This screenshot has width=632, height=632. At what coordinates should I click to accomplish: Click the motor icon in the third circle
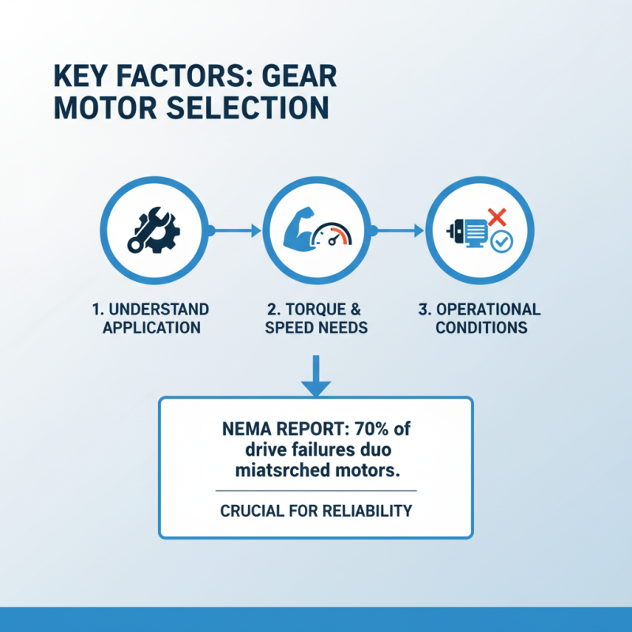[471, 233]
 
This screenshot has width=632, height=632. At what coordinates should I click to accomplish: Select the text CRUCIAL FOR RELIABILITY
[316, 510]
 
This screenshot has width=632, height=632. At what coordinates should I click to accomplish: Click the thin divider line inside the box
[316, 491]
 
